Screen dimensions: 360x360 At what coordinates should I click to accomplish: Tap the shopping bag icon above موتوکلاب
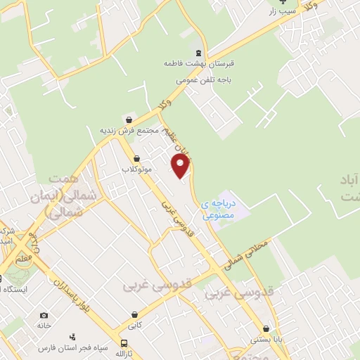[x=136, y=158]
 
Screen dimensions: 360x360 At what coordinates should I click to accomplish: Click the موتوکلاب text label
[x=136, y=170]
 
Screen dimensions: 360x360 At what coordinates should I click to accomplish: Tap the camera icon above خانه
[x=44, y=315]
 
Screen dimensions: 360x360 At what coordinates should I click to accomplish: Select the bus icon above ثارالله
[x=124, y=344]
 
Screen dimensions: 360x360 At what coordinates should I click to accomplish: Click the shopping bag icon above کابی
[x=134, y=315]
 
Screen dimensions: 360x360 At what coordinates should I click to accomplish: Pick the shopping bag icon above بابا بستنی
[x=266, y=328]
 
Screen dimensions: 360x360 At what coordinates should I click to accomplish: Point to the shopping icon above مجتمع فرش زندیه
[x=127, y=119]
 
